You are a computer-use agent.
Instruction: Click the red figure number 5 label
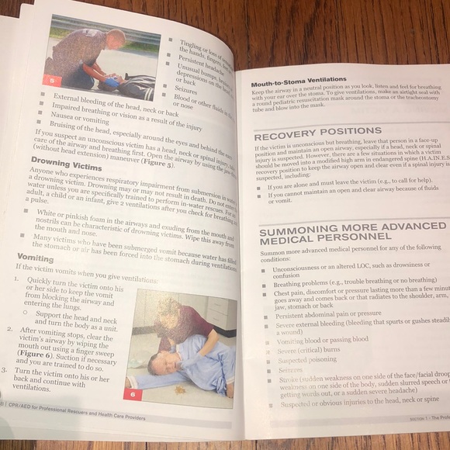point(51,79)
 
